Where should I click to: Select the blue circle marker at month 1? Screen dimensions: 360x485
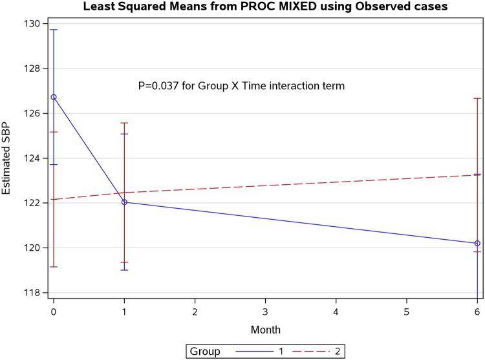coord(124,202)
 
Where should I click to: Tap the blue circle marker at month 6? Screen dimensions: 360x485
coord(477,243)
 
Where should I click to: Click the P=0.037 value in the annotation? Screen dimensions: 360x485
coord(161,85)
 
